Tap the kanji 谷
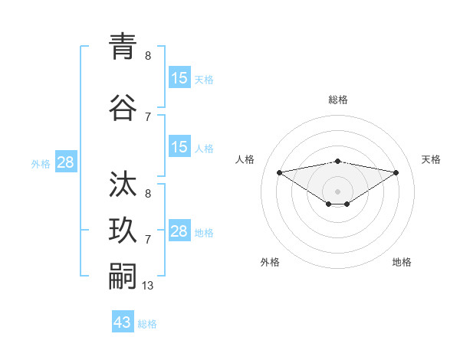[x=123, y=107]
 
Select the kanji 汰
[x=123, y=184]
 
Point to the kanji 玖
[x=123, y=229]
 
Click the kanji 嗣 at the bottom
[x=123, y=275]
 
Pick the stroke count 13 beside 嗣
[x=149, y=285]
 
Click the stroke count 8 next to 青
[x=148, y=55]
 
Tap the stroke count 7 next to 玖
[x=148, y=239]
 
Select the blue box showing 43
[x=123, y=322]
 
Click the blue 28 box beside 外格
[x=65, y=162]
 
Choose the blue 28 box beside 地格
[x=179, y=231]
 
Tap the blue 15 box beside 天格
[x=179, y=78]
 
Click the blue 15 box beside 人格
[x=179, y=147]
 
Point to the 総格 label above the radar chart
[x=337, y=100]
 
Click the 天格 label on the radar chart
[x=431, y=159]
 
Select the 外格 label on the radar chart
[x=270, y=262]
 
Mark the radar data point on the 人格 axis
[x=279, y=172]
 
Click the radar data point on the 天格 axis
[x=396, y=172]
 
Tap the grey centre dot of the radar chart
[x=337, y=191]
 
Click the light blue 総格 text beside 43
[x=147, y=324]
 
